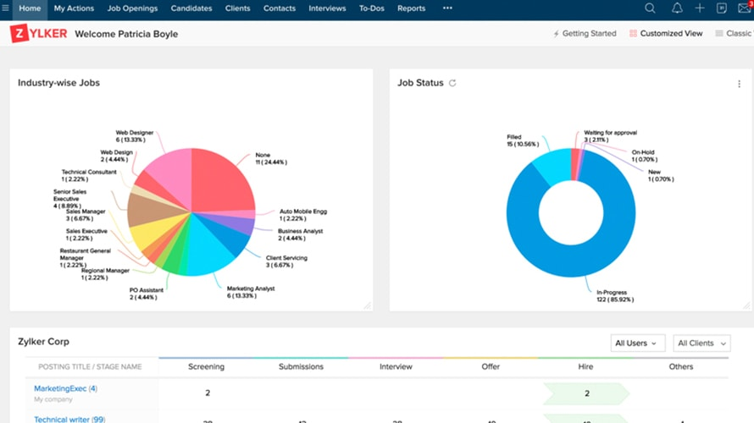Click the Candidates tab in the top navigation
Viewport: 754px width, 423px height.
(191, 8)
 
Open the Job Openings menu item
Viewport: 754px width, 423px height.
(132, 8)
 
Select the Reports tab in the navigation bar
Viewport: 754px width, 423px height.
(411, 8)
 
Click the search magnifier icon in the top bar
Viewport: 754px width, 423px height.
(650, 8)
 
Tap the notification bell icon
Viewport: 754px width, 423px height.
(676, 8)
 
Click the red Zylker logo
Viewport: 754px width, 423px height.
(38, 34)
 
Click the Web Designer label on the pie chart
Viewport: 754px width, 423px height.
(135, 133)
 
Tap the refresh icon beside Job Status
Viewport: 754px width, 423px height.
(452, 83)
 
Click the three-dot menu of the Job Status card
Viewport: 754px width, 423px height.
(740, 84)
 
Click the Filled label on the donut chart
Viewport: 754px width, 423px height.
(514, 137)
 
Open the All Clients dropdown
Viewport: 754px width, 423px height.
(702, 343)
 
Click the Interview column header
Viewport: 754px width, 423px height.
(396, 367)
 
